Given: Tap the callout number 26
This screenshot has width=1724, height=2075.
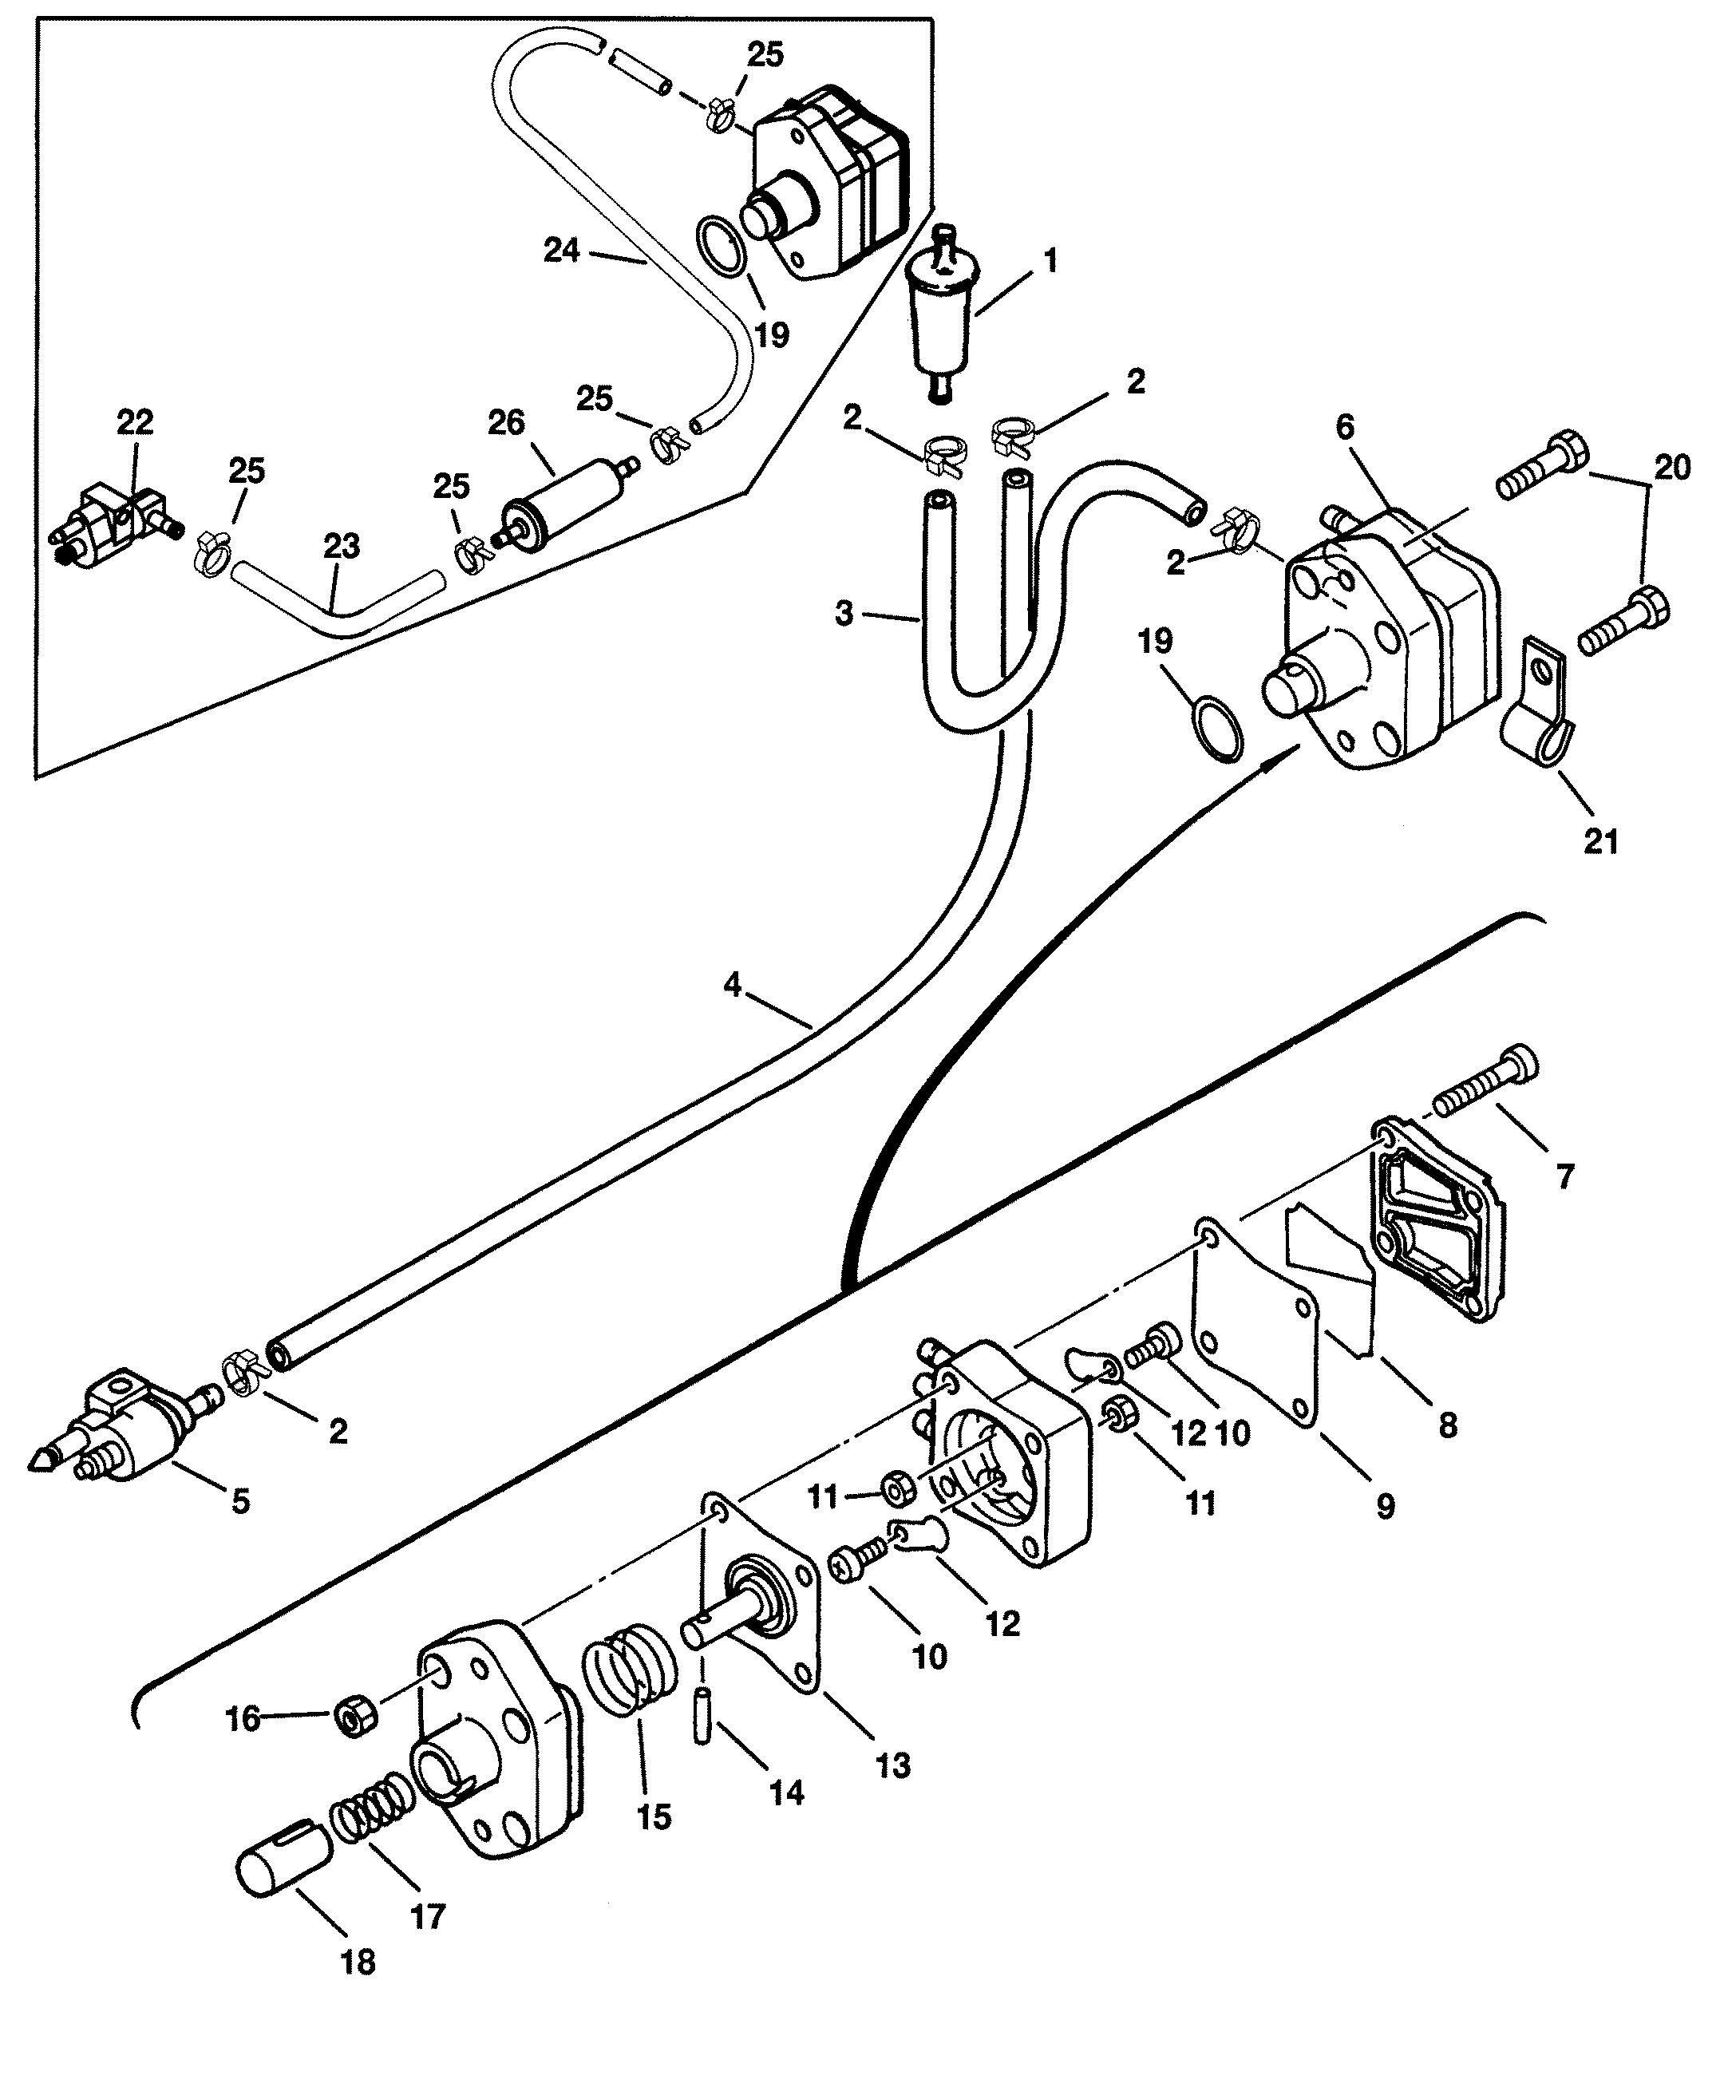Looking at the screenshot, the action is tap(507, 423).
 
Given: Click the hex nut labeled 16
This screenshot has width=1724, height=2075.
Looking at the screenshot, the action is tap(353, 1718).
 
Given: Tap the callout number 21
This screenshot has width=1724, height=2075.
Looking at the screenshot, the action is tap(1602, 842).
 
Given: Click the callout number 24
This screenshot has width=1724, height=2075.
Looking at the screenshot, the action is tap(561, 250).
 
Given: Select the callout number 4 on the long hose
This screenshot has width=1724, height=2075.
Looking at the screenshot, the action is tap(732, 985).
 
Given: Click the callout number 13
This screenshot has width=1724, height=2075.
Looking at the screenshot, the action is tap(893, 1765).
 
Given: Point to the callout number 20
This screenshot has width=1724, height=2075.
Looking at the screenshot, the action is tap(1671, 465).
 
